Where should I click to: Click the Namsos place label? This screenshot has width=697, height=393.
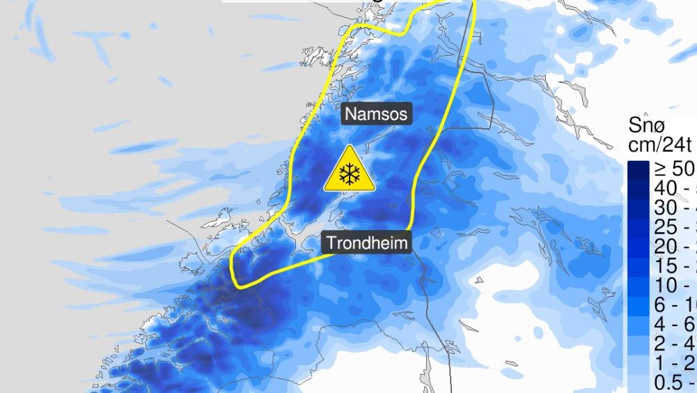377,114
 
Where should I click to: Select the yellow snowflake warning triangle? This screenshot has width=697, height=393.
349,170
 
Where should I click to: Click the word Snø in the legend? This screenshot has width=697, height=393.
648,125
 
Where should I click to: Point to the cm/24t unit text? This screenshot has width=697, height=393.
659,145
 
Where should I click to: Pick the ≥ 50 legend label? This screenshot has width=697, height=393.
674,169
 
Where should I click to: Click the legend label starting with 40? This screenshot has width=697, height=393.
674,189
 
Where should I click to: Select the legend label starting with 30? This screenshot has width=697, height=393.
674,208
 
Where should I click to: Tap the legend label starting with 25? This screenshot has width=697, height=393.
674,228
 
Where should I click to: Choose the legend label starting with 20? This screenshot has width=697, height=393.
674,247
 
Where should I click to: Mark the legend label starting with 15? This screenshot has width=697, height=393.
674,267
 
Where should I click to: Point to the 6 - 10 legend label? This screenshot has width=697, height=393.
674,306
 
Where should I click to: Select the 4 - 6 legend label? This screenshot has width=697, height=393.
674,325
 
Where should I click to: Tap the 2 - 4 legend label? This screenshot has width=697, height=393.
674,345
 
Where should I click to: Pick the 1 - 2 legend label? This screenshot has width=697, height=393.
674,364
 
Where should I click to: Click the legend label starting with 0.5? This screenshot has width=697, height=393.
674,384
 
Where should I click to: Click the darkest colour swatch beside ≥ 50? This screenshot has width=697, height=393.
638,170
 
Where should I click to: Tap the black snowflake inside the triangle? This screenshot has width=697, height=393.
349,174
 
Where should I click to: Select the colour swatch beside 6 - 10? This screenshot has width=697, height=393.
638,306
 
